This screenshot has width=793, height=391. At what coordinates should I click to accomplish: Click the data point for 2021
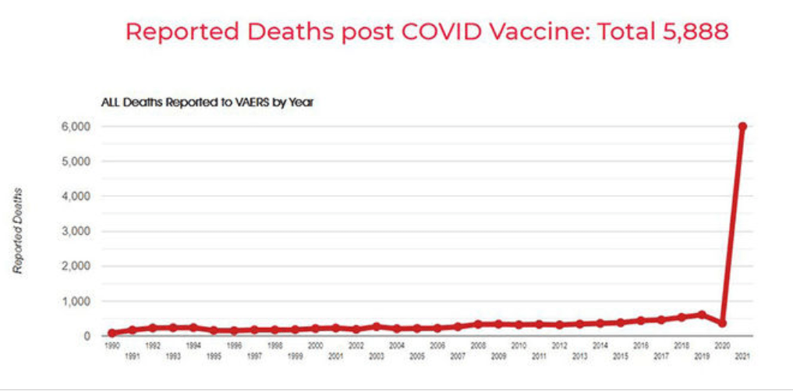tap(743, 126)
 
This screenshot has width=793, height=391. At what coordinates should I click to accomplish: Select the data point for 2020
tap(723, 322)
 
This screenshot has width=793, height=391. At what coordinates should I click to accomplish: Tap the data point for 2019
tap(702, 315)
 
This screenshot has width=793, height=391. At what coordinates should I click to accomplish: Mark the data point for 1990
tap(112, 333)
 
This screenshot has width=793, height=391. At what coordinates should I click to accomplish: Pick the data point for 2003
tap(377, 326)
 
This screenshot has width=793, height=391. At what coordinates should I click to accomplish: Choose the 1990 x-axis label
tap(112, 345)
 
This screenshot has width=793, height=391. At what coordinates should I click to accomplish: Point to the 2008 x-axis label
tap(478, 345)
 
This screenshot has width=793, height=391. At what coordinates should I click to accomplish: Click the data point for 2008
tap(478, 325)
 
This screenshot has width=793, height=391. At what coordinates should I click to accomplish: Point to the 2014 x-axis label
tap(600, 345)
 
